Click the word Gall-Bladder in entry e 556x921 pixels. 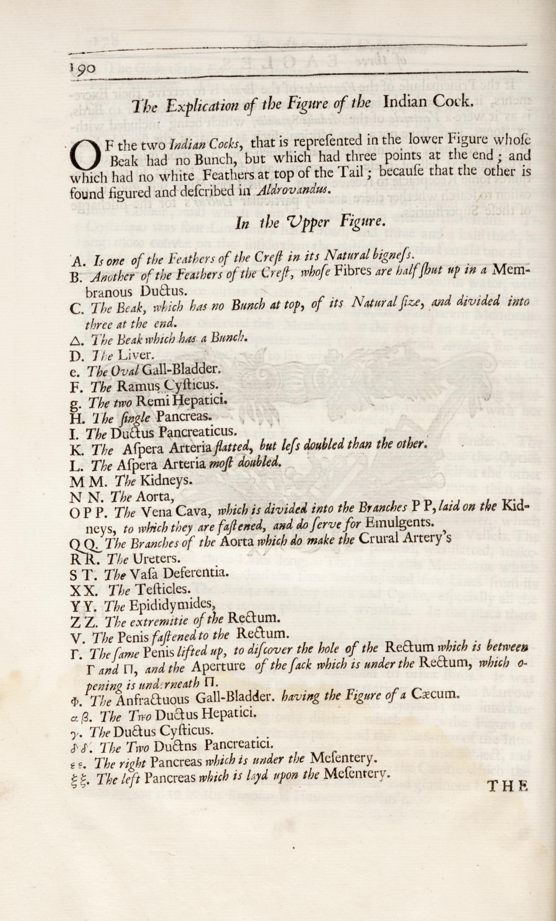coord(181,370)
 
